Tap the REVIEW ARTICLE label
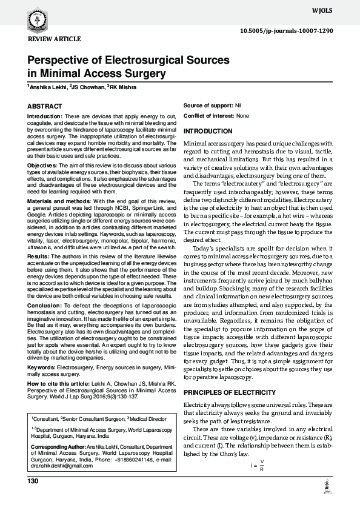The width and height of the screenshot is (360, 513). click(x=50, y=39)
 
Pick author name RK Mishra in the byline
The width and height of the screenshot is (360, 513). click(x=123, y=88)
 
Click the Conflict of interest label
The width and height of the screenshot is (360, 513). click(x=208, y=115)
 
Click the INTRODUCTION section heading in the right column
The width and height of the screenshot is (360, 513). click(x=207, y=132)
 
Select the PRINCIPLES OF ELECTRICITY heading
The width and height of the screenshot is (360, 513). click(x=229, y=376)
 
